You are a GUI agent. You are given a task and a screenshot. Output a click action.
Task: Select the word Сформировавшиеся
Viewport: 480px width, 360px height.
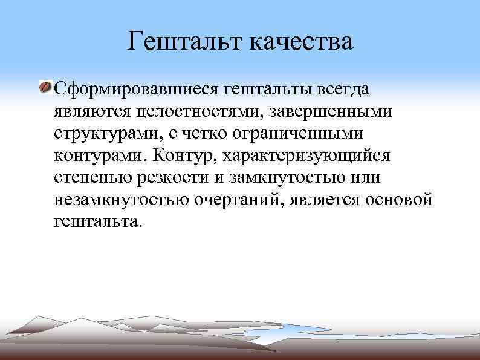(x=136, y=90)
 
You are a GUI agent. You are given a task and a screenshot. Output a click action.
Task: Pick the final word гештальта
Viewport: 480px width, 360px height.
(x=98, y=221)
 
